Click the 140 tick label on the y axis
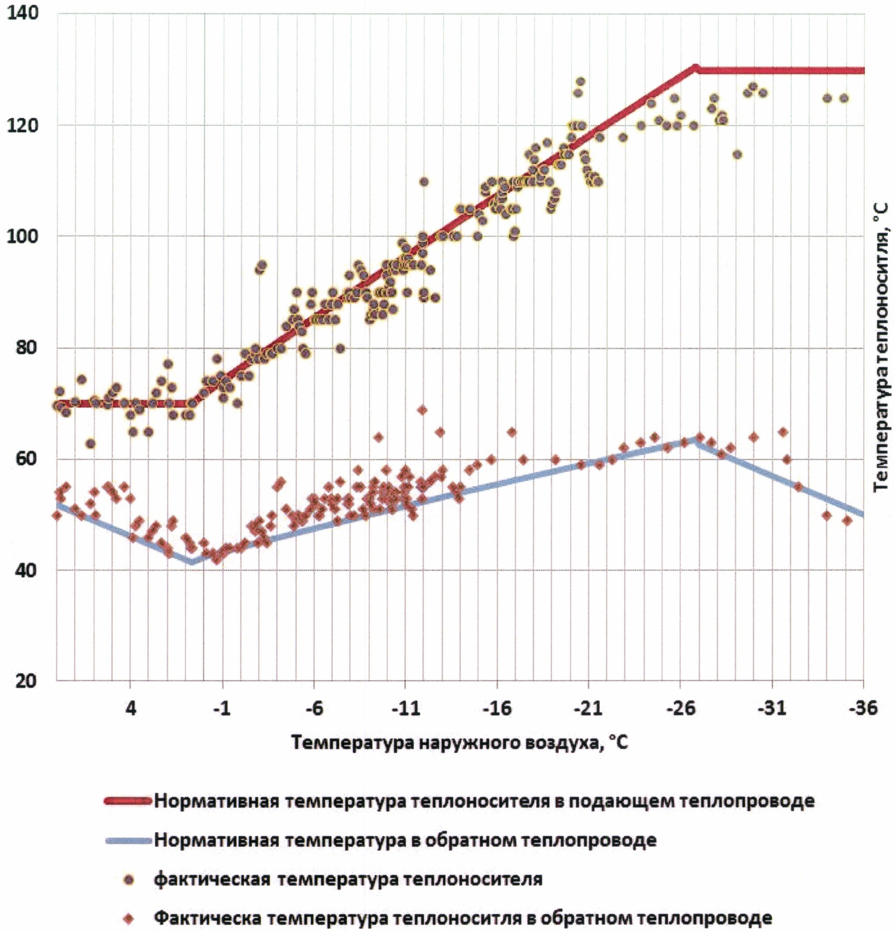pyautogui.click(x=23, y=13)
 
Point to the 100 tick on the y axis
pyautogui.click(x=23, y=236)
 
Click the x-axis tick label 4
pyautogui.click(x=130, y=709)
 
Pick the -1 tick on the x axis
pyautogui.click(x=221, y=709)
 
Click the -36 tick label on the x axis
pyautogui.click(x=862, y=709)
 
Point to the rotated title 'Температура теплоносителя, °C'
pyautogui.click(x=881, y=348)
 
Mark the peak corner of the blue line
pyautogui.click(x=695, y=440)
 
